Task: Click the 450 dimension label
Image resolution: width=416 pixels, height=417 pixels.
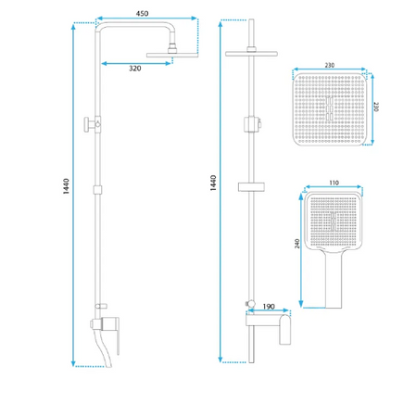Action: (x=142, y=14)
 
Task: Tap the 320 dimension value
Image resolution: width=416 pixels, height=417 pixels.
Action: (x=135, y=69)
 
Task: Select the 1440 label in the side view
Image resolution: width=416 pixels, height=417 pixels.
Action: (x=66, y=186)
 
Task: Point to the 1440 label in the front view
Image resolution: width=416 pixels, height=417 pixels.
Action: (x=213, y=183)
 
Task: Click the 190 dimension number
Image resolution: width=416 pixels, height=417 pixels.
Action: (x=269, y=307)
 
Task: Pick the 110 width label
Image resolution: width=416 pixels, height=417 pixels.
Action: (x=334, y=183)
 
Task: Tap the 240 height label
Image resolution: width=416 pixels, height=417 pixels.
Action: (x=297, y=244)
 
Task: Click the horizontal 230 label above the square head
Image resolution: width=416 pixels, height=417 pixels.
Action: (x=330, y=65)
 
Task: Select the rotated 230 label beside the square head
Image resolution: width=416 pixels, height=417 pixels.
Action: (x=376, y=107)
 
